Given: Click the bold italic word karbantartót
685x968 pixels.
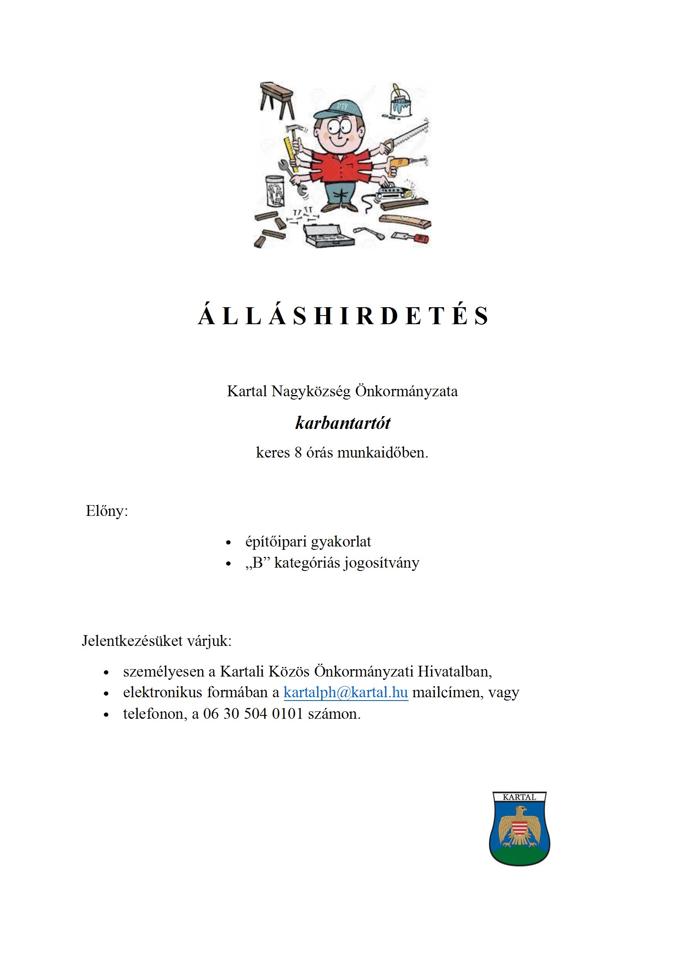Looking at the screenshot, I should pyautogui.click(x=343, y=423).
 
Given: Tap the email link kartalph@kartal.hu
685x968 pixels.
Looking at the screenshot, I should pyautogui.click(x=345, y=692).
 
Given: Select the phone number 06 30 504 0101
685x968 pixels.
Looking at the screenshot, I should pyautogui.click(x=253, y=714).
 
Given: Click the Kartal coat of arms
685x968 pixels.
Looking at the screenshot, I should pyautogui.click(x=519, y=828).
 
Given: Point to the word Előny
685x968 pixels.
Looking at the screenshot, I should pyautogui.click(x=106, y=511).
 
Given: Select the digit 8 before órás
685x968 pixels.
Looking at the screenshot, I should pyautogui.click(x=298, y=453).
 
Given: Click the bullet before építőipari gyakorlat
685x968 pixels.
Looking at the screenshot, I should pyautogui.click(x=228, y=542).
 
